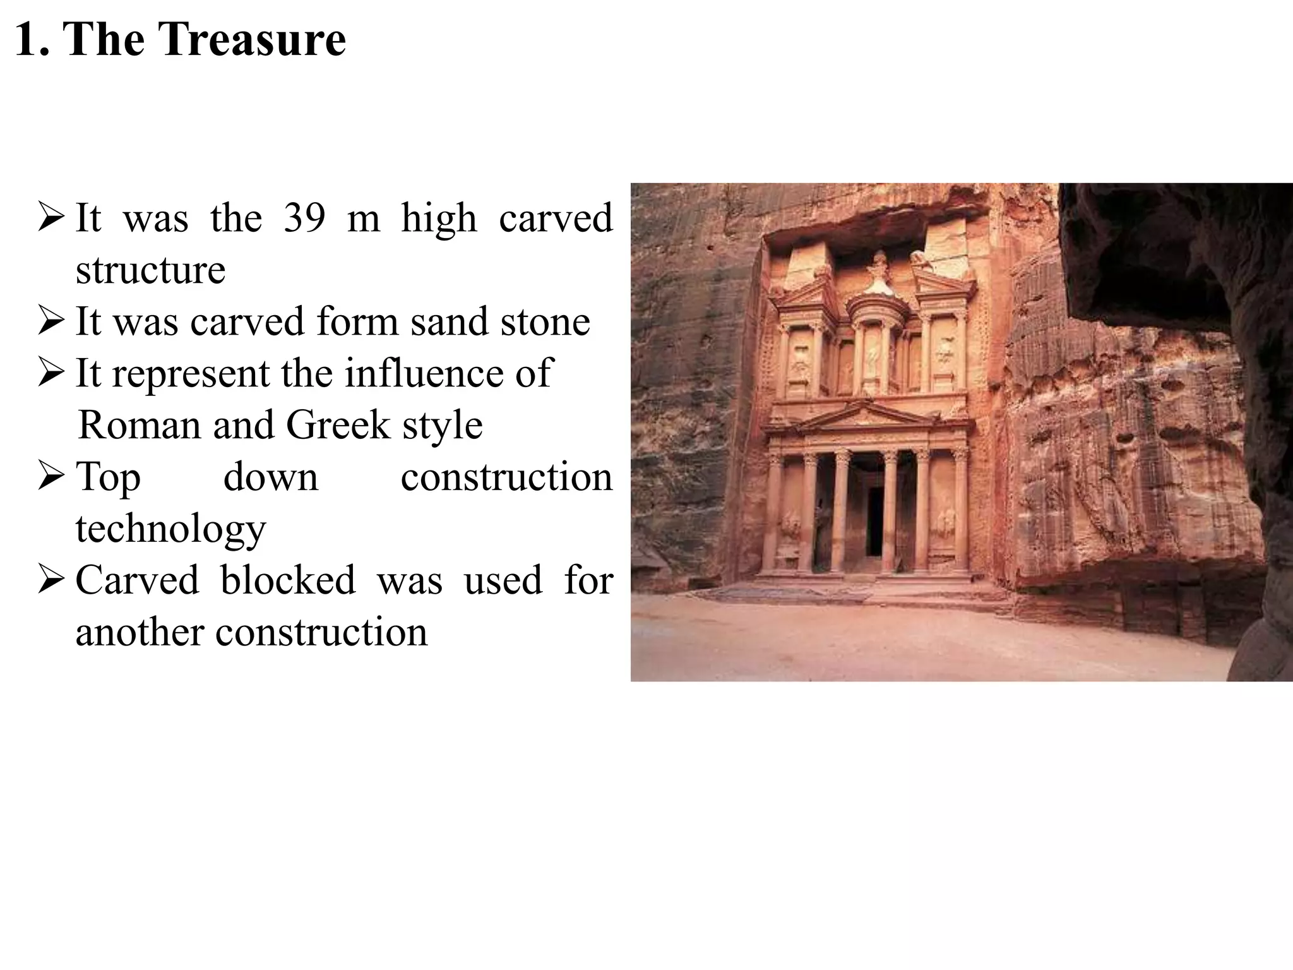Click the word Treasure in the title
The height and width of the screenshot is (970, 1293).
click(251, 39)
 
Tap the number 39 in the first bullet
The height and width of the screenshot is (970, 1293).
click(304, 218)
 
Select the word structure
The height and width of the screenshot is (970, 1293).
click(150, 270)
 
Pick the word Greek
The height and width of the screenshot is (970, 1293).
click(338, 425)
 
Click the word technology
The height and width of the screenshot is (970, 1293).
click(170, 529)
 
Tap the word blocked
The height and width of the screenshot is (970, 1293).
click(288, 580)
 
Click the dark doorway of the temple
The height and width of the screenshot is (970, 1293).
click(875, 518)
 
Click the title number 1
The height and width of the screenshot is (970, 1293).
click(30, 39)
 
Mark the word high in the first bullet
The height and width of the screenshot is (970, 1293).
click(439, 218)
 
